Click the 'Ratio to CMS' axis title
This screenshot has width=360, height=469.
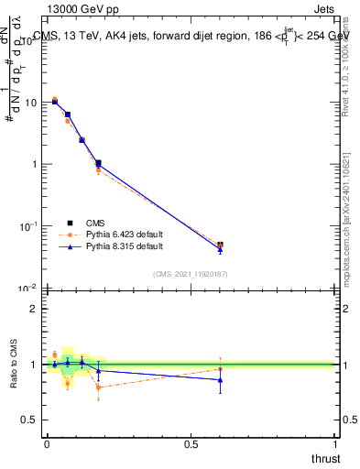pyautogui.click(x=15, y=364)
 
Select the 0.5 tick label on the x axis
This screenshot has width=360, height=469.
pyautogui.click(x=191, y=442)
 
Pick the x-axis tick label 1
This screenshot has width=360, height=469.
pyautogui.click(x=335, y=442)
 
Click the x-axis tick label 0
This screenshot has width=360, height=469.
pyautogui.click(x=47, y=442)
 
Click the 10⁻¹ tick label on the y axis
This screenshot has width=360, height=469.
pyautogui.click(x=28, y=225)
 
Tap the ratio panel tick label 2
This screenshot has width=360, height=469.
pyautogui.click(x=34, y=309)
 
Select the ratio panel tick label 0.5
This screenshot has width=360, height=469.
pyautogui.click(x=29, y=420)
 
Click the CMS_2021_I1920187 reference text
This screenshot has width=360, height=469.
pyautogui.click(x=191, y=274)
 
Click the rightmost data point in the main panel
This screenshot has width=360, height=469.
pyautogui.click(x=220, y=245)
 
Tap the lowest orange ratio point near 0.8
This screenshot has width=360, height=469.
pyautogui.click(x=98, y=387)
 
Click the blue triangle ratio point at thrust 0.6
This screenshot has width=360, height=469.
pyautogui.click(x=220, y=379)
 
